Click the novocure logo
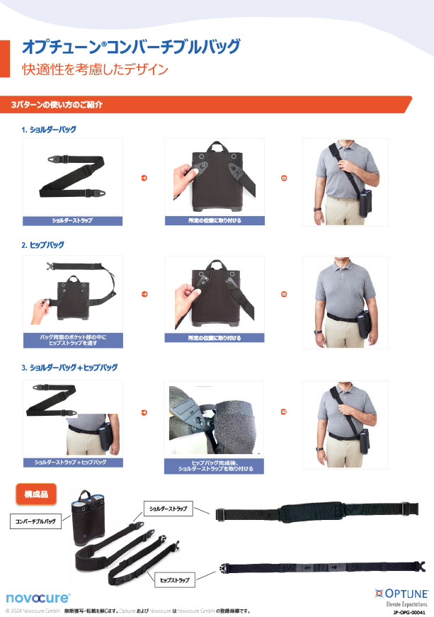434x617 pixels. click(x=38, y=598)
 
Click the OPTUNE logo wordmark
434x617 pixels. click(x=401, y=594)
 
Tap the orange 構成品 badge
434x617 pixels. click(x=36, y=494)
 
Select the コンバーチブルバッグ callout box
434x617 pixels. click(x=35, y=521)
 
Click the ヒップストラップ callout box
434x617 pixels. click(x=175, y=580)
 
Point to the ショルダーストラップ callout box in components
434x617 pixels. click(x=168, y=509)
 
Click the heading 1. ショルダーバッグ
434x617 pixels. click(x=49, y=130)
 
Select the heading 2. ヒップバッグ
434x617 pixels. click(x=43, y=245)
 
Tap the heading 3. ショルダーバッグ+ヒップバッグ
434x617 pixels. click(x=69, y=368)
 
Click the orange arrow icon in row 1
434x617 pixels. click(x=144, y=179)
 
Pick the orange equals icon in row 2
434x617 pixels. click(x=284, y=294)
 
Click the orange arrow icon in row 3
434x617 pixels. click(x=144, y=413)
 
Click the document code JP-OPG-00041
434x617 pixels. click(x=409, y=612)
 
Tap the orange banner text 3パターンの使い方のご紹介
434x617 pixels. click(x=57, y=105)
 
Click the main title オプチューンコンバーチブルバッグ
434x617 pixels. click(x=131, y=47)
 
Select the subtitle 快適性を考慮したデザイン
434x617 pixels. click(x=95, y=69)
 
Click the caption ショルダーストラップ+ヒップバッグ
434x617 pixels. click(x=71, y=462)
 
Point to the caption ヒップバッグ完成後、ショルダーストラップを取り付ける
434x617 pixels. click(x=215, y=466)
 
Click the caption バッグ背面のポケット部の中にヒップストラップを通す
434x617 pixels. click(x=73, y=340)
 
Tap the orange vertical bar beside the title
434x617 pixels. click(x=5, y=59)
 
